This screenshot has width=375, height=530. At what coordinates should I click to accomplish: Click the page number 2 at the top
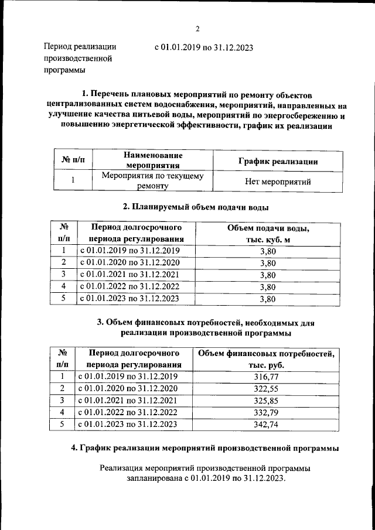click(x=197, y=29)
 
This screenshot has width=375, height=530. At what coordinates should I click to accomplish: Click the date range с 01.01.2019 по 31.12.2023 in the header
click(x=203, y=48)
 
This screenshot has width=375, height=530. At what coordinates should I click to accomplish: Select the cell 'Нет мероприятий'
click(x=277, y=182)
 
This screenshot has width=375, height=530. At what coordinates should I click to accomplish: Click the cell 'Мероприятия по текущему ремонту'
click(x=152, y=181)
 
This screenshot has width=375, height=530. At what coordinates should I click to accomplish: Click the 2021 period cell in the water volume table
click(x=129, y=274)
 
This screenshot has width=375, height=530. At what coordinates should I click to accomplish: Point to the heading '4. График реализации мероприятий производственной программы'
click(x=204, y=449)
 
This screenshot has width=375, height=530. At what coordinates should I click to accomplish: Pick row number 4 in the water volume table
click(x=64, y=286)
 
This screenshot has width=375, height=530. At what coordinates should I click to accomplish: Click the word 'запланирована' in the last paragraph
click(x=155, y=478)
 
